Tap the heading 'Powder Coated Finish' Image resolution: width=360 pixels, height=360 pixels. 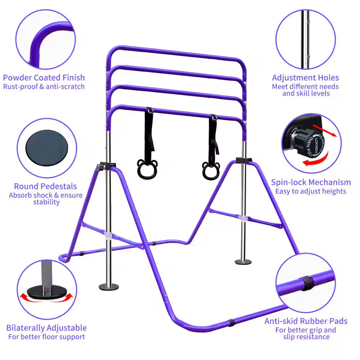[44, 77]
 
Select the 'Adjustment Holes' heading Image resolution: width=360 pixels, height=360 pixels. [305, 77]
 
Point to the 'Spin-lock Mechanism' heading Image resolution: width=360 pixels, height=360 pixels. [311, 182]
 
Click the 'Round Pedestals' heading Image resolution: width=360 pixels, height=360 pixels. [45, 186]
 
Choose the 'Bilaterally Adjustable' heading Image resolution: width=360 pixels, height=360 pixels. [46, 328]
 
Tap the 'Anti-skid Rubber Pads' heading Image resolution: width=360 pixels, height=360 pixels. [306, 321]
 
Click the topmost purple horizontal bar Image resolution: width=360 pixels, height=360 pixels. [176, 52]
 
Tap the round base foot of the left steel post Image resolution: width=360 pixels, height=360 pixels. [108, 287]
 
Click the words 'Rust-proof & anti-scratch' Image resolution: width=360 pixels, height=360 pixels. [44, 86]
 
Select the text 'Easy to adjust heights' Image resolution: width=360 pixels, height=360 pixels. [311, 191]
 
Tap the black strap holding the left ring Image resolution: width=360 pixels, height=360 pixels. [148, 131]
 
